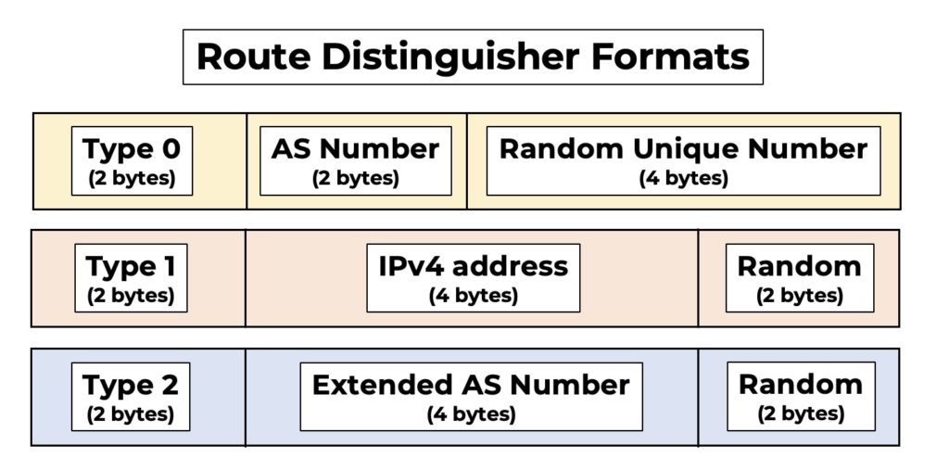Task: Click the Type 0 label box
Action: (x=132, y=160)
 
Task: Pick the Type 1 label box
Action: (x=131, y=278)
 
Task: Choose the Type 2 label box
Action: (x=131, y=396)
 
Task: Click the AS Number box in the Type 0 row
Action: (x=356, y=160)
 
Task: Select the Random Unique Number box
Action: (x=683, y=160)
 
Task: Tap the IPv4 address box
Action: (x=473, y=278)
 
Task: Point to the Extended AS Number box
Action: (x=471, y=396)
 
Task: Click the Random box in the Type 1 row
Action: (x=799, y=278)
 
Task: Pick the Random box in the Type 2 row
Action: (x=801, y=396)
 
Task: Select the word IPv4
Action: (x=411, y=267)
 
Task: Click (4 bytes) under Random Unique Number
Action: (x=683, y=178)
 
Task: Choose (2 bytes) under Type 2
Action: (x=131, y=414)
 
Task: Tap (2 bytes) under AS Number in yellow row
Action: (x=356, y=178)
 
